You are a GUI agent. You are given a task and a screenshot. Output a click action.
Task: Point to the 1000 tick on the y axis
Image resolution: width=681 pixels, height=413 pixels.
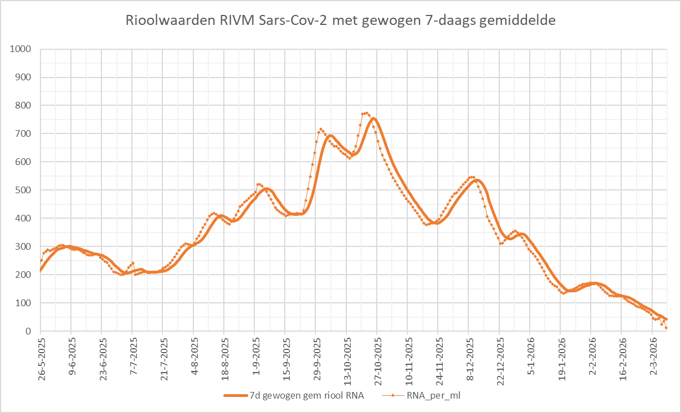coord(21,49)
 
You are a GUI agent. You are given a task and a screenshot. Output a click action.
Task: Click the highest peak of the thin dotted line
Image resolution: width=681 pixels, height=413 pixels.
coord(366,113)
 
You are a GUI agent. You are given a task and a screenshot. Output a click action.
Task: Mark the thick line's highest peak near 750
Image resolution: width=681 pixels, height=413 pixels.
coord(373,118)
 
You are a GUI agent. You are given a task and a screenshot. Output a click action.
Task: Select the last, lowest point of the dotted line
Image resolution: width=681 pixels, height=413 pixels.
coord(666,328)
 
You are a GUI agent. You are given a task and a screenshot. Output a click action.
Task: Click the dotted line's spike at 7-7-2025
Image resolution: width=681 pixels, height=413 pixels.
coord(133,264)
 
